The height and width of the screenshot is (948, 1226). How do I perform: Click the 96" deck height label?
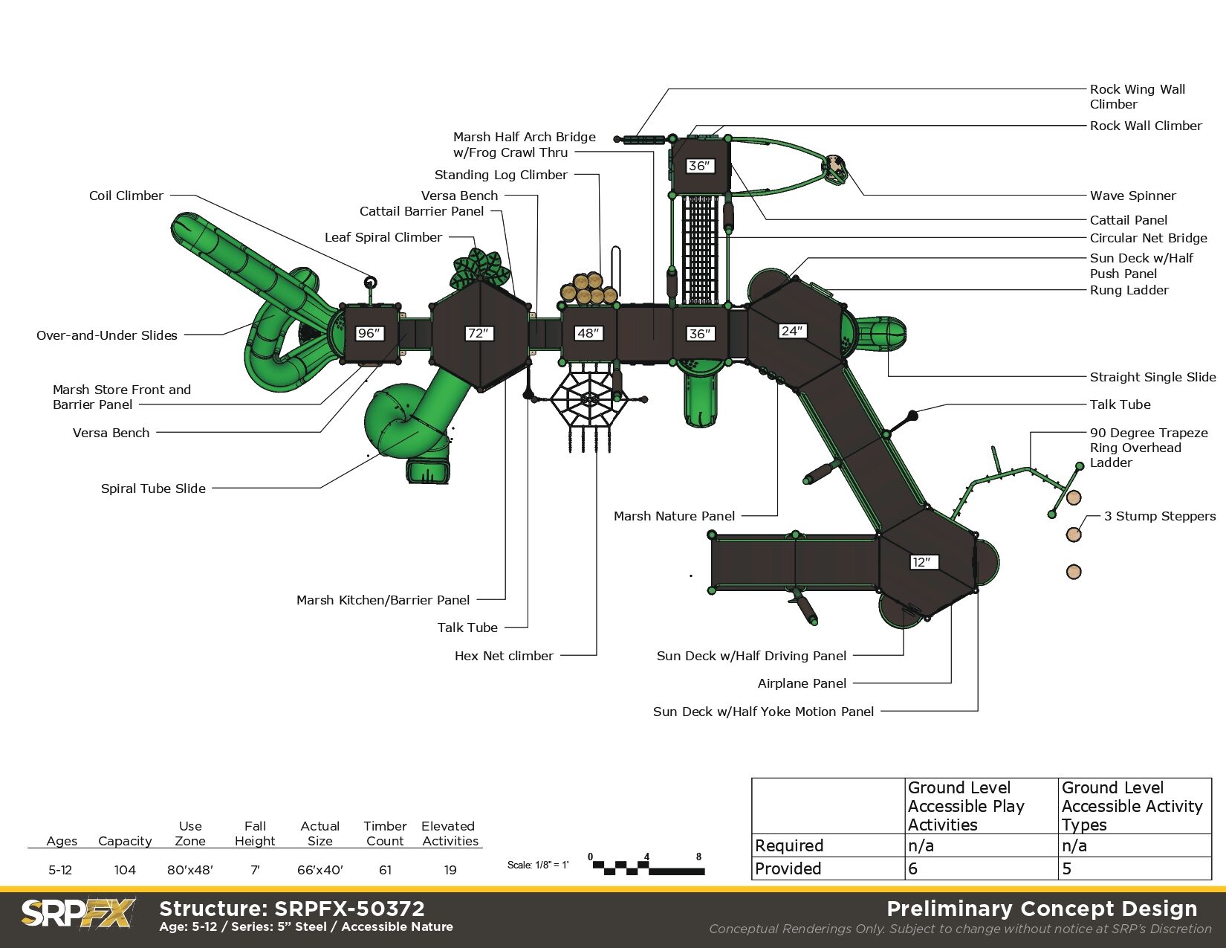[x=369, y=333]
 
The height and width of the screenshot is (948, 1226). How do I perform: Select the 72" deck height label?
[x=479, y=333]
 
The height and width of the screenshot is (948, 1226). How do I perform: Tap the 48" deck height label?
[x=588, y=333]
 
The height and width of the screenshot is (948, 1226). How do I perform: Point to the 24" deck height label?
[x=792, y=331]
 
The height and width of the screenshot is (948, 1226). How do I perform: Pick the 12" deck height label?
[x=922, y=562]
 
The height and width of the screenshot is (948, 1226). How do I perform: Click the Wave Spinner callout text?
[x=1132, y=196]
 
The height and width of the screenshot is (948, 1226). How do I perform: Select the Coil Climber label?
[x=126, y=196]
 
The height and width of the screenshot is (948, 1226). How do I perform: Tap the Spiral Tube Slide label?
[x=153, y=488]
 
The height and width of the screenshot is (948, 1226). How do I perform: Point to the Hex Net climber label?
[x=504, y=656]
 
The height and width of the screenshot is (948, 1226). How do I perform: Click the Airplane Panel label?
[x=802, y=683]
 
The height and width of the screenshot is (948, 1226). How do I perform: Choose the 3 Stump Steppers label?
[x=1159, y=516]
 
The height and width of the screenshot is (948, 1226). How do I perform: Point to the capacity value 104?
[x=125, y=870]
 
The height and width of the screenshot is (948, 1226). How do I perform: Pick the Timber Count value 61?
[x=385, y=870]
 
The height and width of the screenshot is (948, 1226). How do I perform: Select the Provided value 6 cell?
[x=981, y=868]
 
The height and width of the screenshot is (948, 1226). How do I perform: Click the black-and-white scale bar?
[x=646, y=867]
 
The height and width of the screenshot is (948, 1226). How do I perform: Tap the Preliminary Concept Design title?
[x=1042, y=909]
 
